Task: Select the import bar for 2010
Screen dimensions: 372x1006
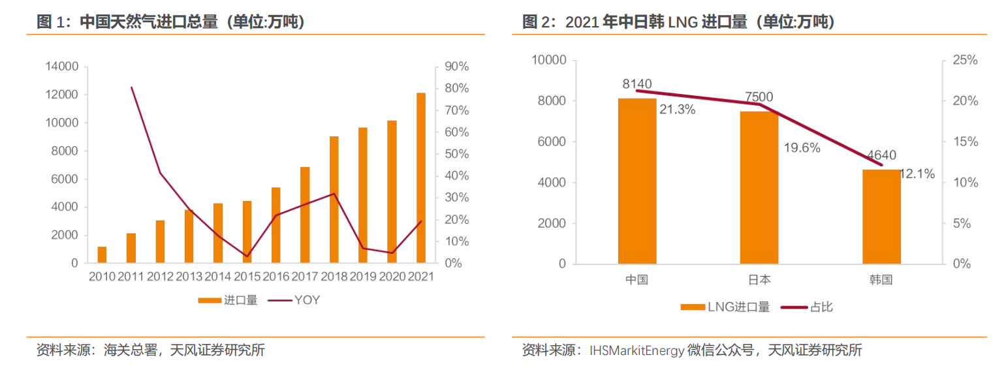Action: point(102,255)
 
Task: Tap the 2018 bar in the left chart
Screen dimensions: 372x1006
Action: point(334,200)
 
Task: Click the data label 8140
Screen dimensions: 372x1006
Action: point(637,84)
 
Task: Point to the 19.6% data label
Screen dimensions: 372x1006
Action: point(801,147)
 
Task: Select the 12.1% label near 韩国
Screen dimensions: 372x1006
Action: point(917,174)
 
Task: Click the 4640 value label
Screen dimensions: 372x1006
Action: point(881,155)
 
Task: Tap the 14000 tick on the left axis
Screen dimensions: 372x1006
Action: point(62,67)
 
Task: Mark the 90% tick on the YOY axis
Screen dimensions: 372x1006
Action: point(457,67)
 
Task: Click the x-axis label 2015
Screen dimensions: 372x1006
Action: point(247,277)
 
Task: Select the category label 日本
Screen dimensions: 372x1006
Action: point(759,280)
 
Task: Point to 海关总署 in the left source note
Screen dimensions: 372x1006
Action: point(131,350)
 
